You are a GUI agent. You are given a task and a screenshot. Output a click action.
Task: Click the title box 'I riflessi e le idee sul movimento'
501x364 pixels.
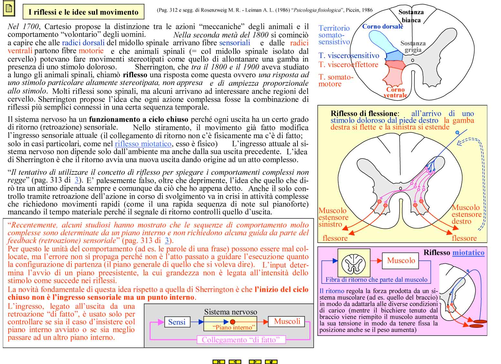click(83, 12)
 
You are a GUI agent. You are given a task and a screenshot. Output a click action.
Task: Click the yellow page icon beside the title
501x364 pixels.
click(9, 9)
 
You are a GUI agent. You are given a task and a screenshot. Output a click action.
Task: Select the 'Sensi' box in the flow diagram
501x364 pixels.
click(177, 322)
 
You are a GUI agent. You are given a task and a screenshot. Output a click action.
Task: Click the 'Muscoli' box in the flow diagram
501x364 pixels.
click(287, 321)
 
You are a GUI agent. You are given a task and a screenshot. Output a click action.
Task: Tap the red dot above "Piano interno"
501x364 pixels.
click(232, 322)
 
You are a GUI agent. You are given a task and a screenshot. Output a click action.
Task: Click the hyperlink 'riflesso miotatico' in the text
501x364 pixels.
click(143, 144)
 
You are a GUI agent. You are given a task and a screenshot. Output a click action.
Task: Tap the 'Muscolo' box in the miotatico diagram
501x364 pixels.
click(401, 260)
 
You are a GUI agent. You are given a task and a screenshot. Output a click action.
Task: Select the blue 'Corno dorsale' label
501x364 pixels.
click(382, 27)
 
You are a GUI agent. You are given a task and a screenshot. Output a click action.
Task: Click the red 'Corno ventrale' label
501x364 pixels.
click(395, 92)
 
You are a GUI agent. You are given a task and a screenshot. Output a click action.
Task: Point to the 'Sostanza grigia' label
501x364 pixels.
click(413, 46)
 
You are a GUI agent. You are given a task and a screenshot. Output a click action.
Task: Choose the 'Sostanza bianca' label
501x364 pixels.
click(411, 16)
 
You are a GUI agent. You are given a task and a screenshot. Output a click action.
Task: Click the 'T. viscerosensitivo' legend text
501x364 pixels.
click(349, 56)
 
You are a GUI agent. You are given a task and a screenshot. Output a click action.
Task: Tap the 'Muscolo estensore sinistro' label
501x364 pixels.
click(333, 217)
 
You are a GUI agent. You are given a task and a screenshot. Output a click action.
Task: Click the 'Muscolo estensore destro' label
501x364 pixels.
click(466, 214)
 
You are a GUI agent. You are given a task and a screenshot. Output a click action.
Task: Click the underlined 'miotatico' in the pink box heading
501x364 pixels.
click(468, 253)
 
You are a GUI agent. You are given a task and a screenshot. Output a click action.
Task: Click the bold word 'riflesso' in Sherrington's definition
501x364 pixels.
click(135, 75)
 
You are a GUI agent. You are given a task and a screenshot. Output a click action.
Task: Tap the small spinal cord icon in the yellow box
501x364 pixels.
click(354, 263)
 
